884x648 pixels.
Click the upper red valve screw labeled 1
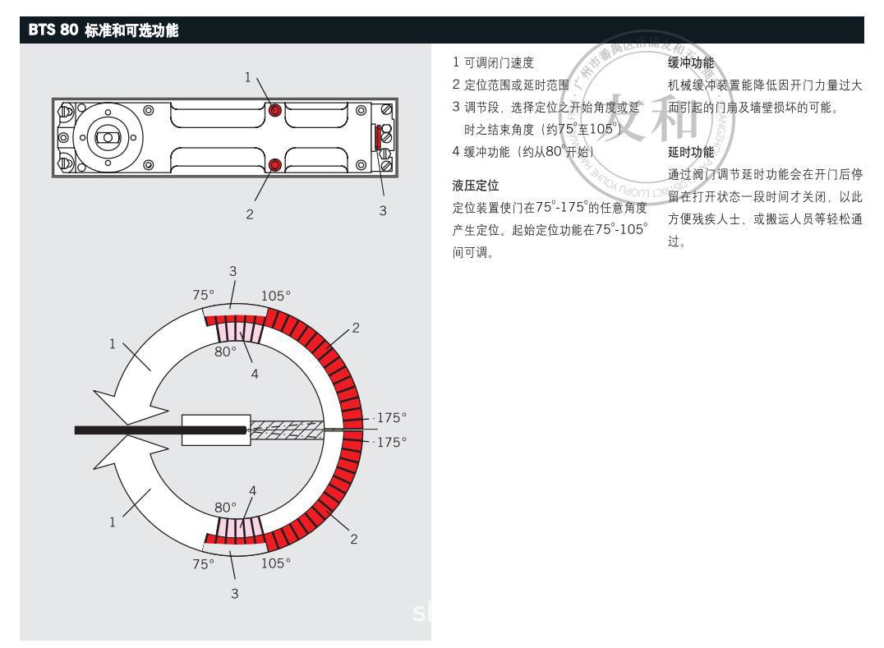[x=276, y=110]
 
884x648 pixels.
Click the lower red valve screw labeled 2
[x=275, y=165]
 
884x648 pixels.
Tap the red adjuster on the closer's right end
[x=378, y=137]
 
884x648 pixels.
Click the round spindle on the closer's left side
[x=107, y=136]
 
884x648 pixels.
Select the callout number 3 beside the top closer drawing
[x=382, y=210]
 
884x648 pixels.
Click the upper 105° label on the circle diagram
[x=276, y=296]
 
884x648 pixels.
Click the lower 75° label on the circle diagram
[x=202, y=564]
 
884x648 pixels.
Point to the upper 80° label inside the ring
[x=225, y=350]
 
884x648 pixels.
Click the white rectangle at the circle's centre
[x=215, y=430]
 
